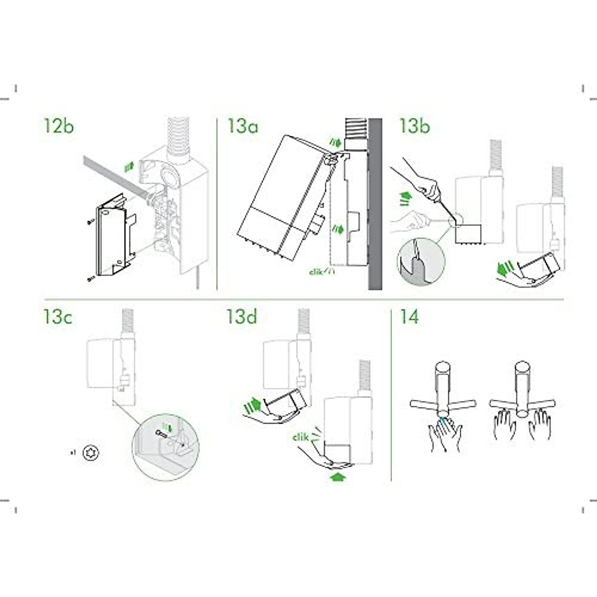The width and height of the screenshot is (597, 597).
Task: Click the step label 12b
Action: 59,126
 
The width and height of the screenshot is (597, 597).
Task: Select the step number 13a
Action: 243,126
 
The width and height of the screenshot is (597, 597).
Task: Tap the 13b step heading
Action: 414,126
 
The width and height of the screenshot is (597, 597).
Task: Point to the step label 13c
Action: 58,317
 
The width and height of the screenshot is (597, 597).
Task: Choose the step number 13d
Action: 242,317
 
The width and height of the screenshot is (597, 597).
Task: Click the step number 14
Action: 409,317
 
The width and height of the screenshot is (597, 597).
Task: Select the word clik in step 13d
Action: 300,437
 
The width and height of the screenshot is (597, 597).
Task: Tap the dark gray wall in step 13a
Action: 375,204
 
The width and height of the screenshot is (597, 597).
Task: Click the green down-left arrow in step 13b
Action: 506,269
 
